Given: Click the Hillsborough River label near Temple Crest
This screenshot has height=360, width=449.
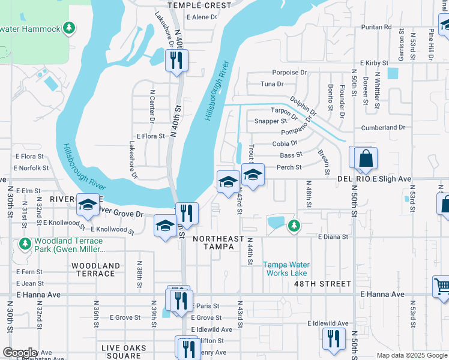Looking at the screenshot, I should tap(217, 91).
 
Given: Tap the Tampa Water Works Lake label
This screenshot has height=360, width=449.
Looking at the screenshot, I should tap(286, 268).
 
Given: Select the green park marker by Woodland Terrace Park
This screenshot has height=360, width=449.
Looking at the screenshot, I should tap(25, 244).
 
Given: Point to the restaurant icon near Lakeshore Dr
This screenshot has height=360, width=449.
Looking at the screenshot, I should tap(176, 61).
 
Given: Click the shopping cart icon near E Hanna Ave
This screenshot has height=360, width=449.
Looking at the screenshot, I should tap(442, 286).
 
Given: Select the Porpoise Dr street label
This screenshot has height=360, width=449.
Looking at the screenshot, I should tap(289, 73).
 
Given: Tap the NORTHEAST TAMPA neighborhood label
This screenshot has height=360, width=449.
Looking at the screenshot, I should tap(218, 242).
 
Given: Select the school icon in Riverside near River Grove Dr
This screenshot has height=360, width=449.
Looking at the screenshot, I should tap(88, 205).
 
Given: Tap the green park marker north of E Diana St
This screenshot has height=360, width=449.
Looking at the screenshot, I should tap(294, 225).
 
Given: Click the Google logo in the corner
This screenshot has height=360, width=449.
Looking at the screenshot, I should tap(19, 353).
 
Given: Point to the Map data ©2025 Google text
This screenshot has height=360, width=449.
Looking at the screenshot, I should tap(411, 355).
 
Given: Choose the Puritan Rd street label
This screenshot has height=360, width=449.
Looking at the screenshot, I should tap(376, 27).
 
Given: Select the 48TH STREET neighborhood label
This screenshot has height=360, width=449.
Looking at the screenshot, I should tap(328, 283).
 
